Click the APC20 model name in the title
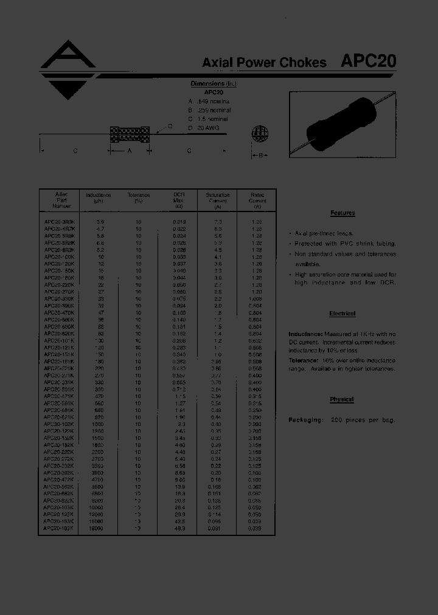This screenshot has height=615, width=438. tap(369, 61)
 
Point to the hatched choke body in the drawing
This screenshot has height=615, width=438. tap(129, 134)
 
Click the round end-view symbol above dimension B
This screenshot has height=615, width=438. tap(260, 134)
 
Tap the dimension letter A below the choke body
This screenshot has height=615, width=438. tap(129, 151)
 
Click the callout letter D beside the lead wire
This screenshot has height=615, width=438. tap(170, 126)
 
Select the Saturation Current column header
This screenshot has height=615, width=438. tap(217, 201)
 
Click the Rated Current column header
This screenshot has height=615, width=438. tap(257, 201)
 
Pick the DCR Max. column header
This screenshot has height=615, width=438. tap(179, 201)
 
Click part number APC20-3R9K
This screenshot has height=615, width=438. tap(60, 222)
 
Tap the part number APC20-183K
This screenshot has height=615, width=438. tap(60, 528)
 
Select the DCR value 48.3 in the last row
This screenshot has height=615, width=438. tap(180, 528)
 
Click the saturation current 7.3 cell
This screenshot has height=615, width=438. tap(218, 222)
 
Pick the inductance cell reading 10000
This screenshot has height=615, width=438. tap(96, 506)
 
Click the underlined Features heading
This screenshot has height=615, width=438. tap(342, 213)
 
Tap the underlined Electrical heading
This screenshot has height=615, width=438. tap(342, 314)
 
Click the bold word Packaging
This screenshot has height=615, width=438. tap(305, 420)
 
